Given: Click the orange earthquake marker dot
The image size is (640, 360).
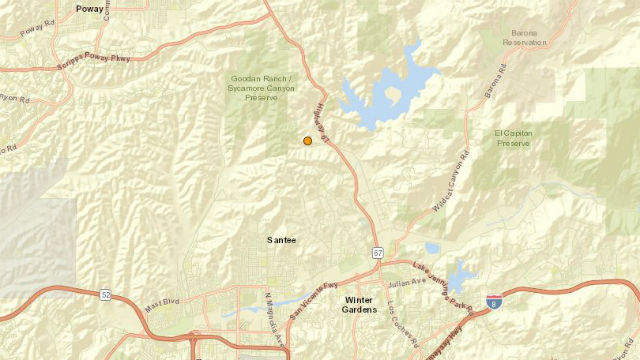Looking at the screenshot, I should (308, 141).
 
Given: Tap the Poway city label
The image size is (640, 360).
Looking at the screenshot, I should (89, 8).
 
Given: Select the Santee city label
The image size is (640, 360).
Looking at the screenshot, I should (282, 240).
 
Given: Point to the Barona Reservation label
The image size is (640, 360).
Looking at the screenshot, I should (528, 38).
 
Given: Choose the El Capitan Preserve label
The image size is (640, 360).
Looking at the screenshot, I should (513, 137).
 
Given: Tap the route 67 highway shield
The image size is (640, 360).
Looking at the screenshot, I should (378, 252).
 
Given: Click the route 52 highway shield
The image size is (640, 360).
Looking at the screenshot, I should (107, 294).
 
